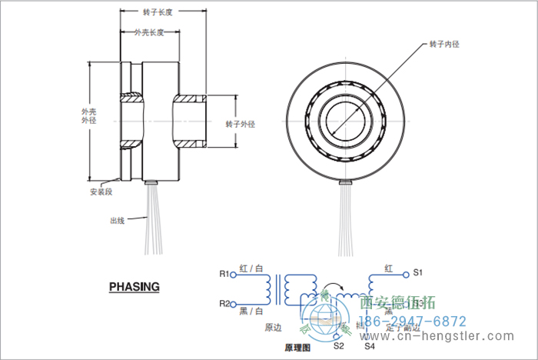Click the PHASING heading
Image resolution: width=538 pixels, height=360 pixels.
pos(134,287)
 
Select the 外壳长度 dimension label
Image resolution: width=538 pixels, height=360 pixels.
pos(149,33)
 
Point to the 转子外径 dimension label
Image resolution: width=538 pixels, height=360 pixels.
pos(240,123)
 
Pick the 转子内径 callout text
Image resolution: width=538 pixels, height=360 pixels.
pos(444,45)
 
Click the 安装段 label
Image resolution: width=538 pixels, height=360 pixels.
pos(101,192)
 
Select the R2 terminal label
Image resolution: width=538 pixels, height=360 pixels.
pos(224,303)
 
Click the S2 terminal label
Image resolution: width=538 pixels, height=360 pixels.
pos(338,346)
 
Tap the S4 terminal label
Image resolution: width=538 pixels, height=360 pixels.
pos(370,346)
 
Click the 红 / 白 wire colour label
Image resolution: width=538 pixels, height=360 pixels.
pos(251,268)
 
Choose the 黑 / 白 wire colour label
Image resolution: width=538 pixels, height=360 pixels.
pos(251,312)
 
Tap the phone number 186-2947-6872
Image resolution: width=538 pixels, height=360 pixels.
pos(413,322)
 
